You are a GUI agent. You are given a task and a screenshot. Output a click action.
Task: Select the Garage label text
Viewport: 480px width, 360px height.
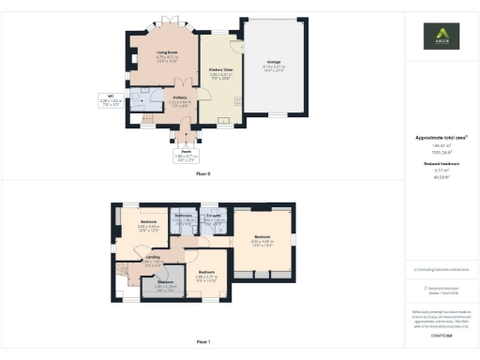pyautogui.click(x=273, y=63)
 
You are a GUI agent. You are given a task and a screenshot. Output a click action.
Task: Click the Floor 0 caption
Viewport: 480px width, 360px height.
pyautogui.click(x=203, y=173)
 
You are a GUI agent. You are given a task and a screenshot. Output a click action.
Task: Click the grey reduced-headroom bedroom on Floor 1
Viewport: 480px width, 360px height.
pyautogui.click(x=165, y=285)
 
